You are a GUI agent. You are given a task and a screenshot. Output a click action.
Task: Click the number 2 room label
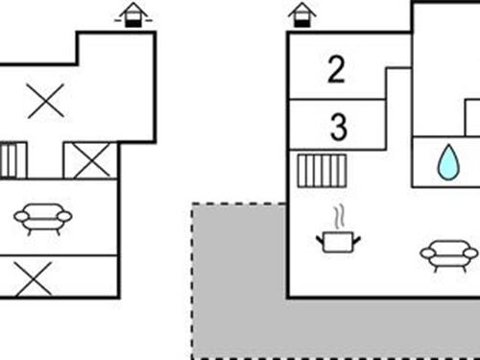click(x=335, y=70)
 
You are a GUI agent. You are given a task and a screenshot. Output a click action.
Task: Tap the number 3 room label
click(x=337, y=126)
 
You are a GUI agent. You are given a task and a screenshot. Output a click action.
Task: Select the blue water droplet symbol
click(x=448, y=162)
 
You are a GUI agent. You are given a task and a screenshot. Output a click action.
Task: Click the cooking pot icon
click(x=337, y=240)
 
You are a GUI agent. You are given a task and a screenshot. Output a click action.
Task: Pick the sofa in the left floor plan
click(x=42, y=219)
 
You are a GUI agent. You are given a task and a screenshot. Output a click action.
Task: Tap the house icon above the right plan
click(x=302, y=14)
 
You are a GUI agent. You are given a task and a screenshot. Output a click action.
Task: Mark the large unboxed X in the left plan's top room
click(x=45, y=101)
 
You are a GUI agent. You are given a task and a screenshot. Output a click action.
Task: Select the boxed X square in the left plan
click(x=91, y=160)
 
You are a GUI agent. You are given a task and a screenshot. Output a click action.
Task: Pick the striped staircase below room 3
click(x=322, y=171)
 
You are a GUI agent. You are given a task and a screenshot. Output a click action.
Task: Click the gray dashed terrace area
click(x=240, y=307)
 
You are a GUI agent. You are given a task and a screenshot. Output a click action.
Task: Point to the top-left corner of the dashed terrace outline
click(x=193, y=204)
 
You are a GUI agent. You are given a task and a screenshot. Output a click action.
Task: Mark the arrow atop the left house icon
click(x=133, y=7)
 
